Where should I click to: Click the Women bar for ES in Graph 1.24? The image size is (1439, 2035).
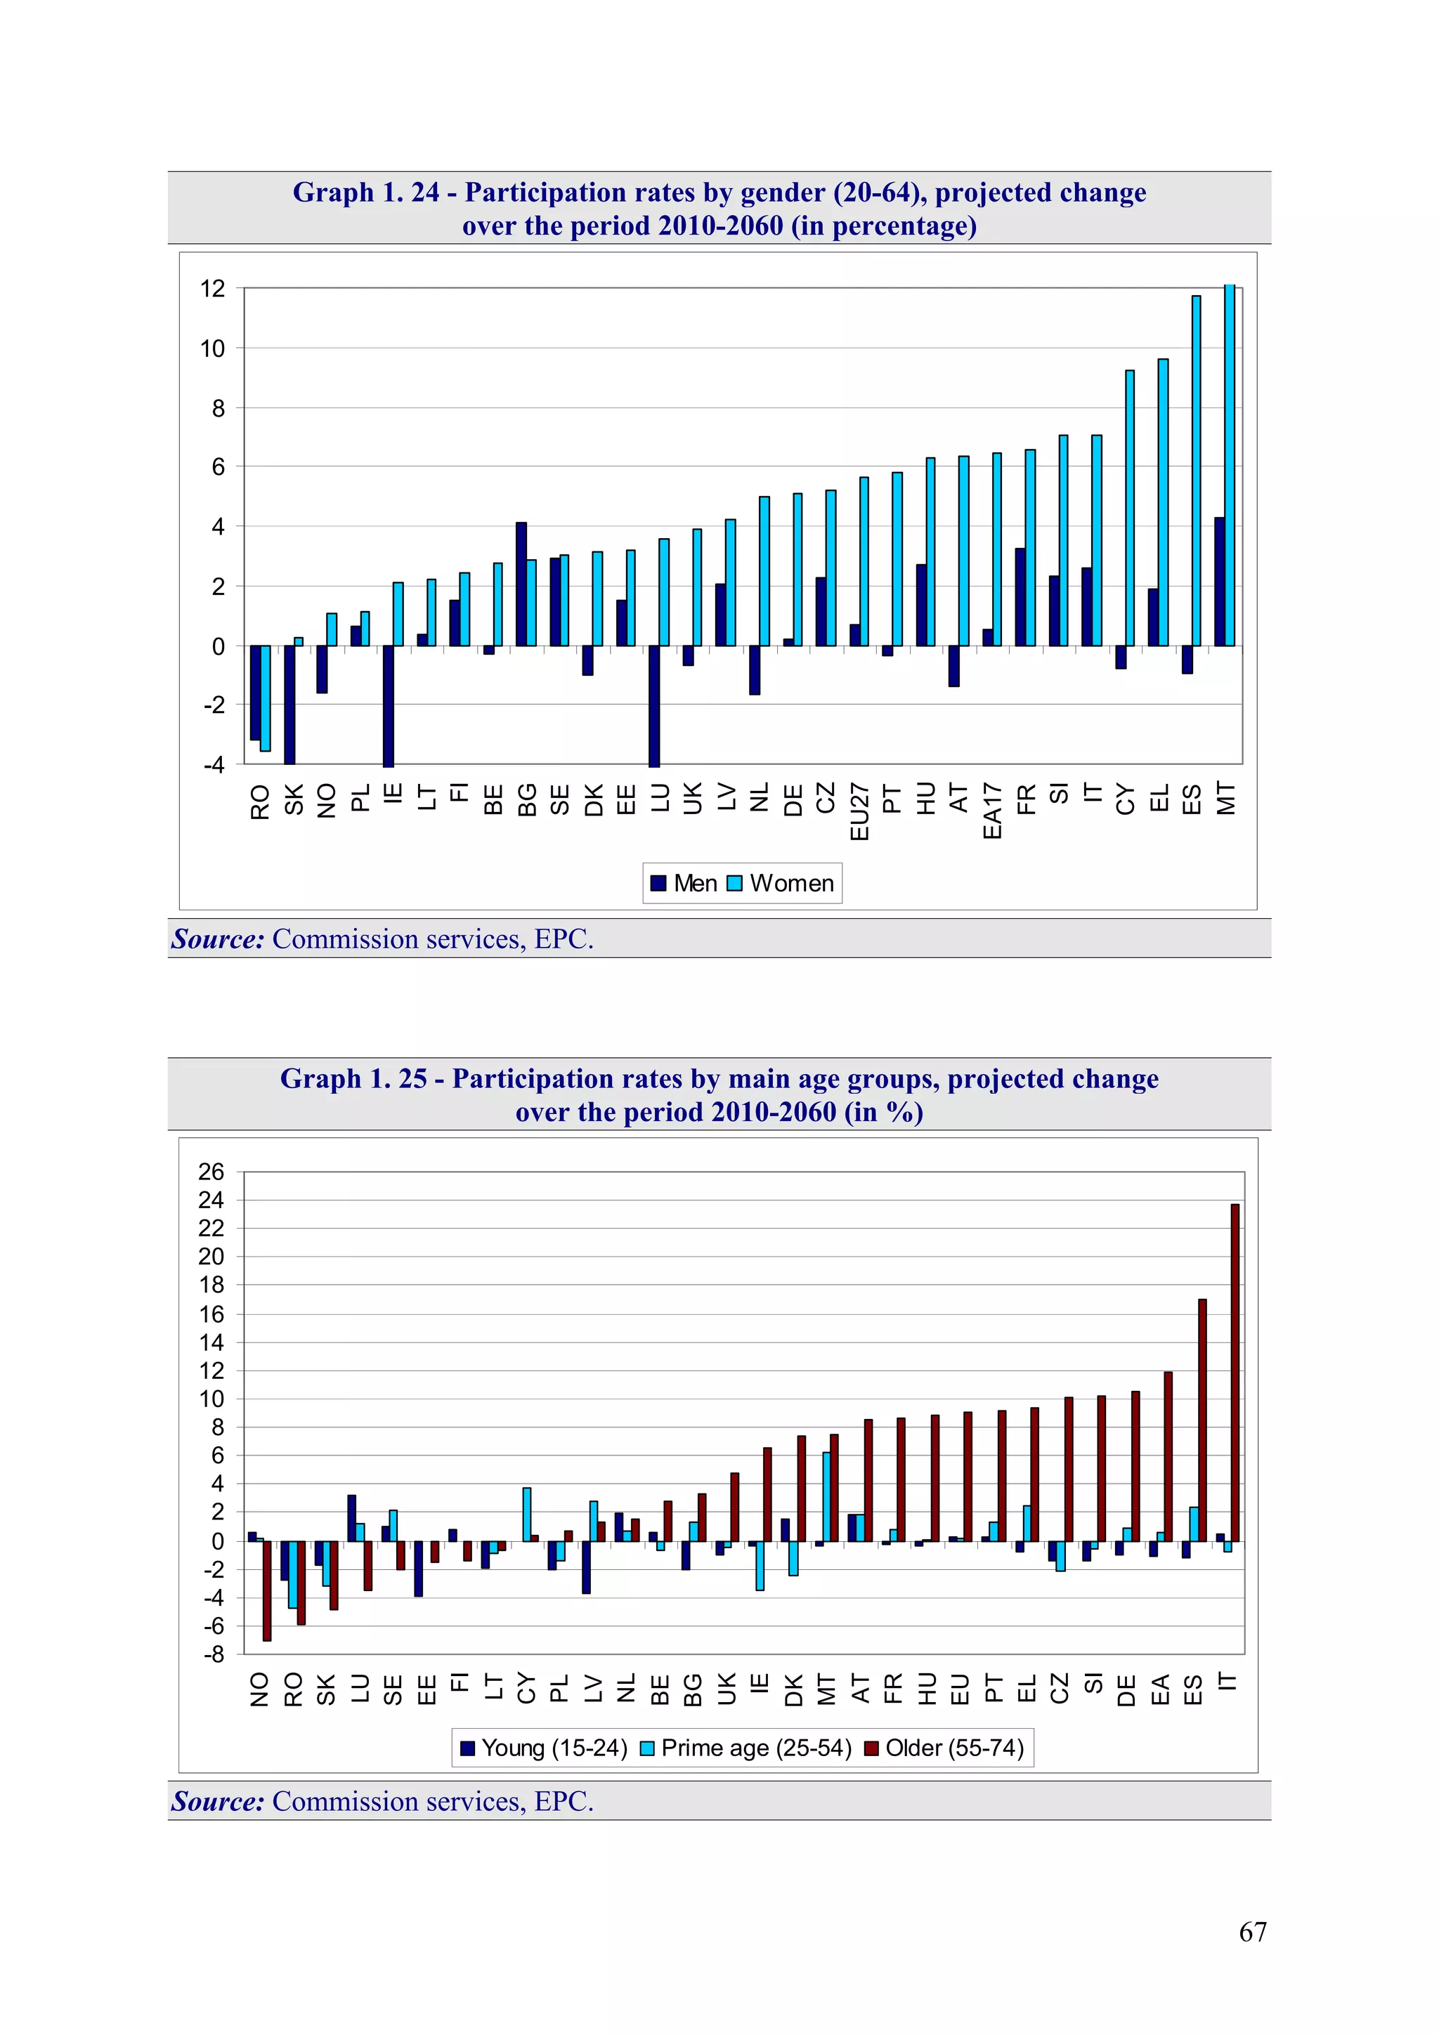(x=1196, y=471)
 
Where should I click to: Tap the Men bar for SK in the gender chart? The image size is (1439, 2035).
(x=289, y=704)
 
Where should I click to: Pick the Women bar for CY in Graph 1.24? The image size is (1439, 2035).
(x=1130, y=508)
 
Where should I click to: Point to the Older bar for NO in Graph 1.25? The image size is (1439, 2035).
(x=267, y=1591)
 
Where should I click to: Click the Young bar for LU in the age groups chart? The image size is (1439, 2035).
(x=352, y=1518)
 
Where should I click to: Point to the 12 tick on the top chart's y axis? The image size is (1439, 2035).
(x=213, y=289)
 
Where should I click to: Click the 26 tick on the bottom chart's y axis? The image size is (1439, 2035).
(x=211, y=1172)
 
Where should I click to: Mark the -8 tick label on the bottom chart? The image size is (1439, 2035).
(x=213, y=1655)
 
